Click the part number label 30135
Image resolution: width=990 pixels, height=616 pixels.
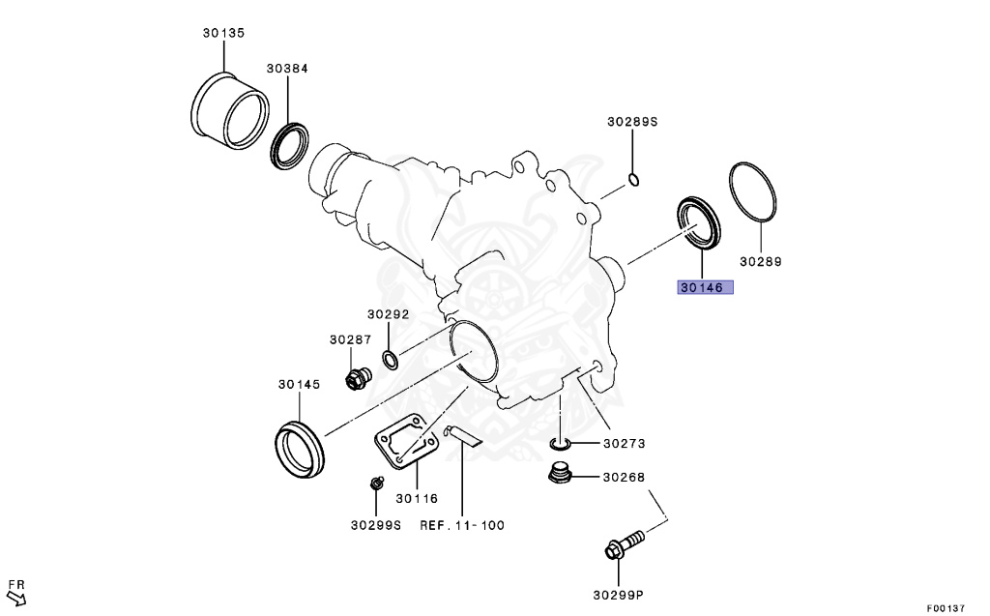coord(223,33)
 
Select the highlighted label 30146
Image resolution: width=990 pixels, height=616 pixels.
coord(705,287)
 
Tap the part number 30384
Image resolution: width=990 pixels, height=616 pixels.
coord(287,69)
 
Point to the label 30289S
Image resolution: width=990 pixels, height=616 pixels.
coord(632,122)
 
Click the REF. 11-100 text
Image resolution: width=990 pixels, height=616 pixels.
coord(461,525)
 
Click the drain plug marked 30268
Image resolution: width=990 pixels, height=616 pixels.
coord(558,475)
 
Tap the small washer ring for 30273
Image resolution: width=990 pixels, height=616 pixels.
coord(560,444)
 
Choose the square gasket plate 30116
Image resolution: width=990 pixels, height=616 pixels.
coord(406,444)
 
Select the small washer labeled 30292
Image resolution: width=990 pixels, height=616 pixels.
coord(390,362)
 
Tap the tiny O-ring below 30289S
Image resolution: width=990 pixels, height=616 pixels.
coord(633,179)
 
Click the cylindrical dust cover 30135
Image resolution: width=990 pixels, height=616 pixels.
coord(231,109)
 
